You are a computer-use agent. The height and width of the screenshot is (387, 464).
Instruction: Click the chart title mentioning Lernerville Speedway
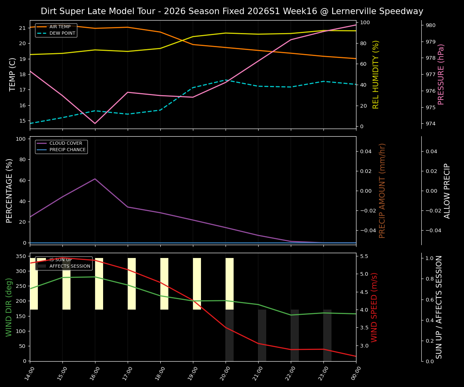pyautogui.click(x=232, y=11)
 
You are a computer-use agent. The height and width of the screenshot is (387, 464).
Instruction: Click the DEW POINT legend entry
pyautogui.click(x=62, y=33)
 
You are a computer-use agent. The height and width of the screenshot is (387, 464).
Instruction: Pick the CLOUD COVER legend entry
pyautogui.click(x=65, y=143)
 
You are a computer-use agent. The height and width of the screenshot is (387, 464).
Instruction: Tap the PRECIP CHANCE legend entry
pyautogui.click(x=67, y=150)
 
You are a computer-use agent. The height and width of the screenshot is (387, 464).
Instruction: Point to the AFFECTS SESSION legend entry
pyautogui.click(x=69, y=266)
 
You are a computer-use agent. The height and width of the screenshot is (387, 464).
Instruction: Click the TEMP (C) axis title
pyautogui.click(x=13, y=74)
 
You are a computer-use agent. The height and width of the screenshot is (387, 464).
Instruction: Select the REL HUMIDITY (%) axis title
pyautogui.click(x=376, y=74)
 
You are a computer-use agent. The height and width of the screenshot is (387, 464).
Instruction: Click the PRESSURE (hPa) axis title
pyautogui.click(x=441, y=74)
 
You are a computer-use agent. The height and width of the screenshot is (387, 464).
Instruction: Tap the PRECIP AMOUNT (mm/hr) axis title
pyautogui.click(x=383, y=190)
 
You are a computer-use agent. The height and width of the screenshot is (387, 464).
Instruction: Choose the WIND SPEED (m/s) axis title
pyautogui.click(x=375, y=307)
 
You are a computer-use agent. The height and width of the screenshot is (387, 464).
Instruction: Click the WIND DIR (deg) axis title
pyautogui.click(x=9, y=307)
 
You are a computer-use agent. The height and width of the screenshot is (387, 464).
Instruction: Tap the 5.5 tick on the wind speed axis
pyautogui.click(x=364, y=256)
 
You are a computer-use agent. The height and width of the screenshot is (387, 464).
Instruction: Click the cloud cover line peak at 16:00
pyautogui.click(x=95, y=179)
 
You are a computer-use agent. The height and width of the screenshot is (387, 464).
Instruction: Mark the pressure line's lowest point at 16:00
pyautogui.click(x=95, y=123)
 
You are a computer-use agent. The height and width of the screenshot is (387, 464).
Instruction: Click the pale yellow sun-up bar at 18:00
pyautogui.click(x=164, y=284)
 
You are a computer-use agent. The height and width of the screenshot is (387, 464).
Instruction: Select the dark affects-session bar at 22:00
pyautogui.click(x=295, y=335)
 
